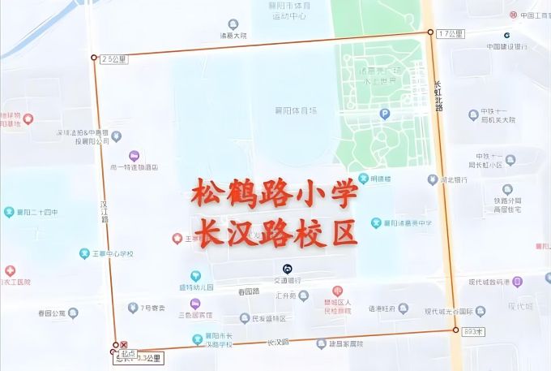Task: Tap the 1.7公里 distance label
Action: [x=450, y=33]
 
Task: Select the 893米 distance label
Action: [x=472, y=331]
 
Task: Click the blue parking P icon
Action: [x=385, y=114]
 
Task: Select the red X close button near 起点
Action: [x=124, y=345]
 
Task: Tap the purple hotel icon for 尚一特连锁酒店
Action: [x=135, y=156]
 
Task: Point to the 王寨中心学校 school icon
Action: [x=84, y=253]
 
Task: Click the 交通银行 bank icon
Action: [x=287, y=269]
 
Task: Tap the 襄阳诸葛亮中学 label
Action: [x=408, y=222]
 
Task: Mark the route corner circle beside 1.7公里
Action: [x=430, y=32]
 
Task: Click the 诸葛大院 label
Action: [x=233, y=35]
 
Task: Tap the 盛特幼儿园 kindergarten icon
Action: [x=194, y=276]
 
